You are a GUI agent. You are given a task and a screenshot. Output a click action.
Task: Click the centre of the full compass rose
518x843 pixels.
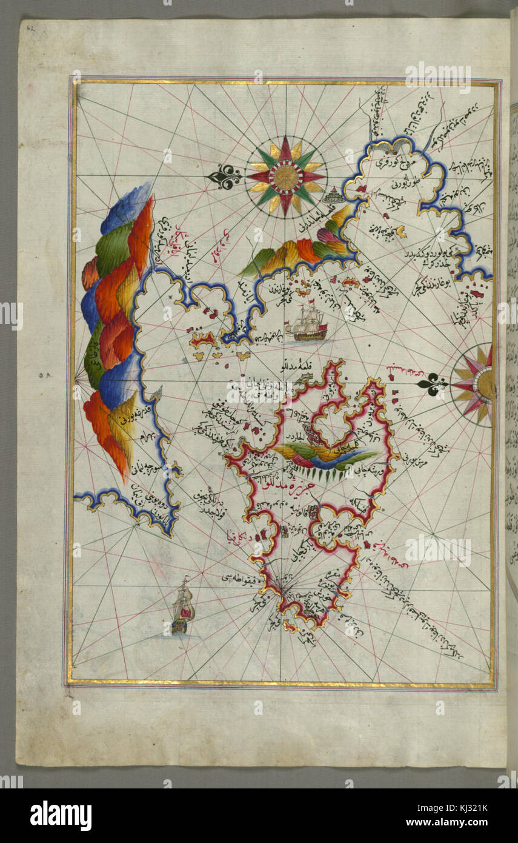coord(286,176)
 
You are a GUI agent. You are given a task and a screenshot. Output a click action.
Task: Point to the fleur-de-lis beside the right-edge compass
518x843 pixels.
coord(433,383)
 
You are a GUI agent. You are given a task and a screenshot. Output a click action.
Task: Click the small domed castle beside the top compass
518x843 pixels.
coord(331,196)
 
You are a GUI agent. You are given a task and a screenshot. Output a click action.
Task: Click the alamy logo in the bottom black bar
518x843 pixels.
coord(61,814)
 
